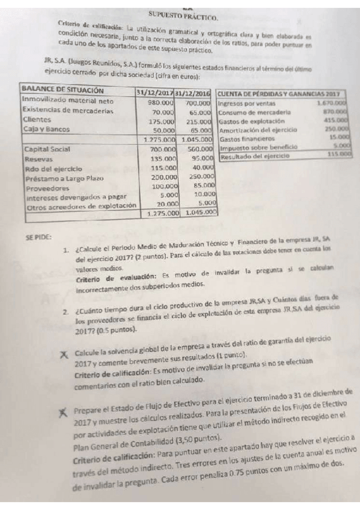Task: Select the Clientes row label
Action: click(35, 120)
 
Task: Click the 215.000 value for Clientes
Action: click(199, 121)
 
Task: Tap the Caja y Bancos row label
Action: click(45, 129)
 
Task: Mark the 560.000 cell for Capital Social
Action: click(199, 149)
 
